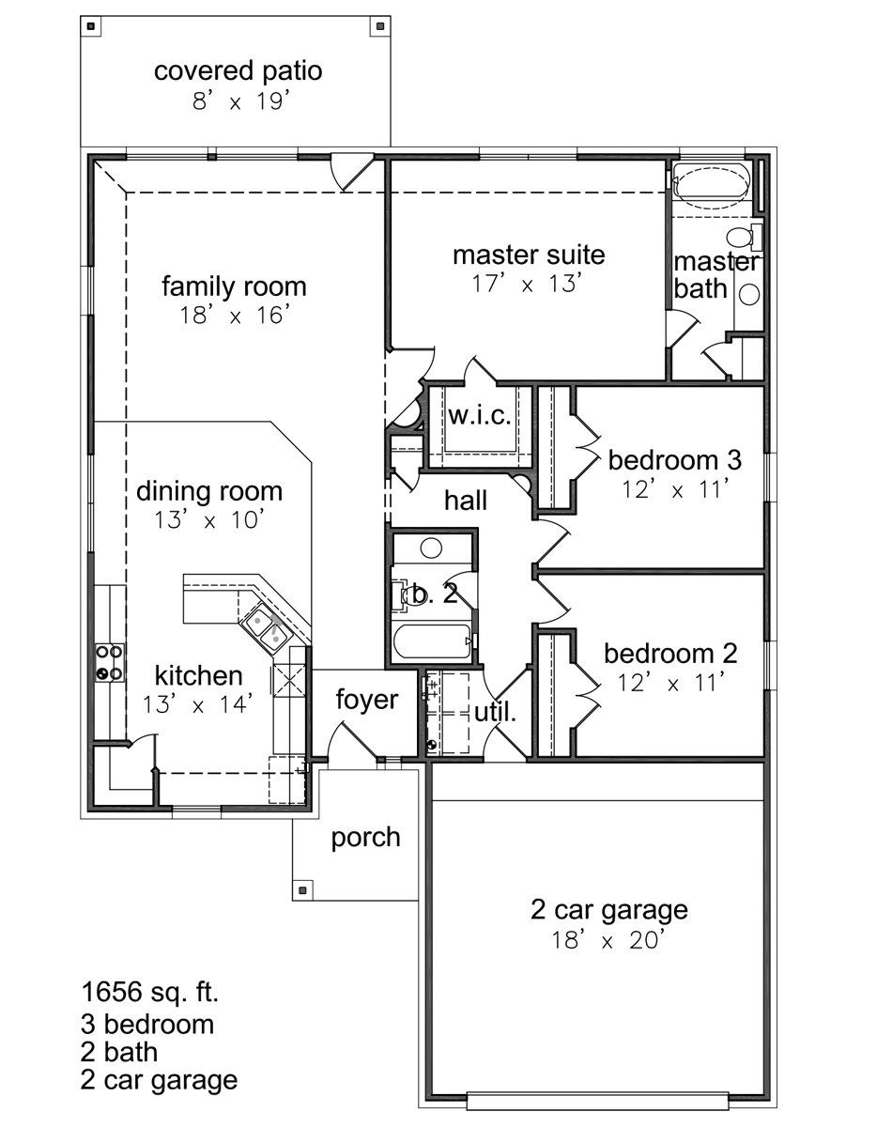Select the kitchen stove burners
pyautogui.click(x=110, y=662)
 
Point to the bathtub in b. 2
pyautogui.click(x=432, y=641)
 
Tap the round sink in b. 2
pyautogui.click(x=432, y=548)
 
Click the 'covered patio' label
pyautogui.click(x=238, y=71)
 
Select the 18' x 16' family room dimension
pyautogui.click(x=235, y=315)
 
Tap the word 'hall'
pyautogui.click(x=466, y=500)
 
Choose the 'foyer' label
pyautogui.click(x=366, y=701)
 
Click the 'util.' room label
pyautogui.click(x=495, y=712)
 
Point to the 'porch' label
pyautogui.click(x=365, y=839)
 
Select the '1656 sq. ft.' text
pyautogui.click(x=150, y=992)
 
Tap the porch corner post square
pyautogui.click(x=301, y=889)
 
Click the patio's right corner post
pyautogui.click(x=381, y=25)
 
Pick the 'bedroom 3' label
pyautogui.click(x=674, y=460)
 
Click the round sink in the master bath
pyautogui.click(x=749, y=294)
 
